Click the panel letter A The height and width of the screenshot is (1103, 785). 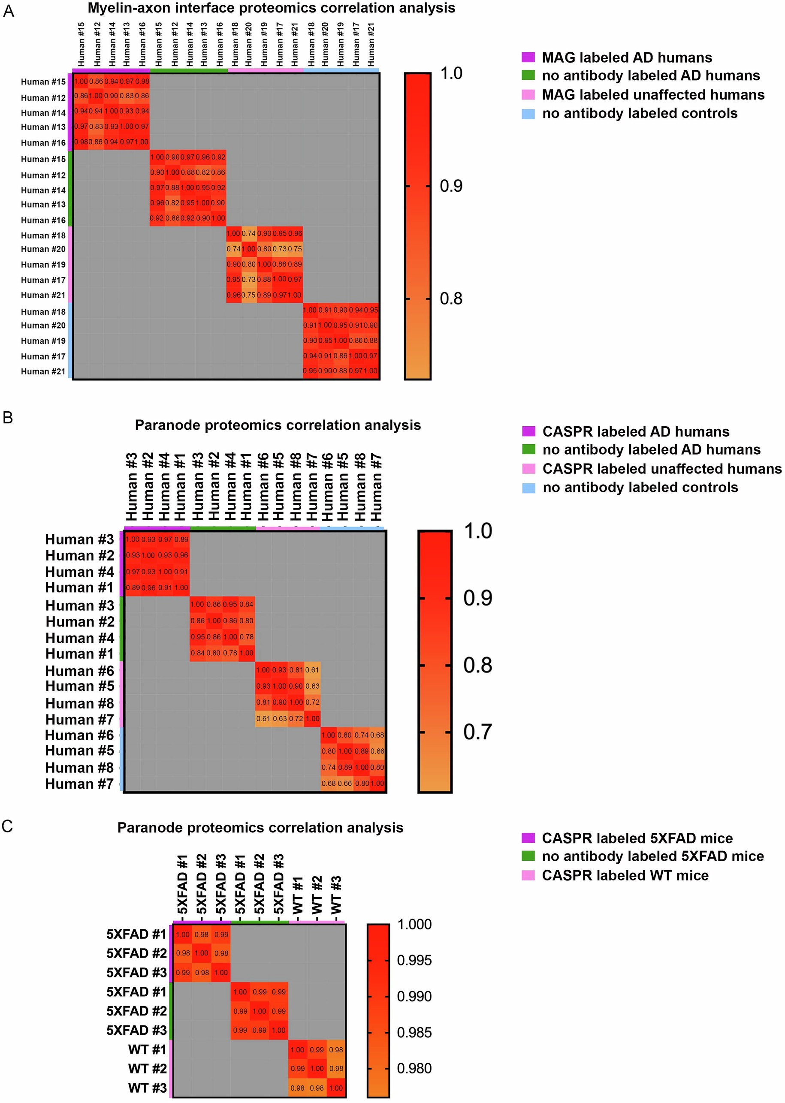(8, 11)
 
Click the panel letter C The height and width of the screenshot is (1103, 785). (7, 826)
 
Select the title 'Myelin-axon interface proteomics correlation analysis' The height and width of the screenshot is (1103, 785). (271, 8)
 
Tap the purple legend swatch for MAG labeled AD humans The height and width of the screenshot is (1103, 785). (528, 57)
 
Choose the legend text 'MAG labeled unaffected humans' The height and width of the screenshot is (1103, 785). (652, 95)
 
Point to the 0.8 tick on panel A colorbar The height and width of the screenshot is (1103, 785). (450, 298)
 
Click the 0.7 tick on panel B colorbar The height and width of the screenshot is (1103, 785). (477, 732)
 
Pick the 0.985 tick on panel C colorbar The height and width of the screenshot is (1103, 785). (414, 1033)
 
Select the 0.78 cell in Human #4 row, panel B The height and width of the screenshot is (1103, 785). (247, 637)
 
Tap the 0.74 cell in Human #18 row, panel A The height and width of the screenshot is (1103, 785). (248, 233)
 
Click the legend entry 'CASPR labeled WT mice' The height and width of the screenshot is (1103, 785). (625, 875)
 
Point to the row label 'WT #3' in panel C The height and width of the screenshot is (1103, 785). (147, 1088)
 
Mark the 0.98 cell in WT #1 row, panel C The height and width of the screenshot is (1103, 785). (336, 1049)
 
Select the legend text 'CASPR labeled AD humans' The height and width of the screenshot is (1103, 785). (635, 431)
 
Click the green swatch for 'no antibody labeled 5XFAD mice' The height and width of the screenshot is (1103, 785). (528, 856)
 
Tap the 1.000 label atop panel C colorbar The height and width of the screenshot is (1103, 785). (414, 924)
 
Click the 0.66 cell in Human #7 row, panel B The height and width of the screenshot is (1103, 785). (344, 783)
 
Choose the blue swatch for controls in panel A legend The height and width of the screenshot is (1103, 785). (528, 114)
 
